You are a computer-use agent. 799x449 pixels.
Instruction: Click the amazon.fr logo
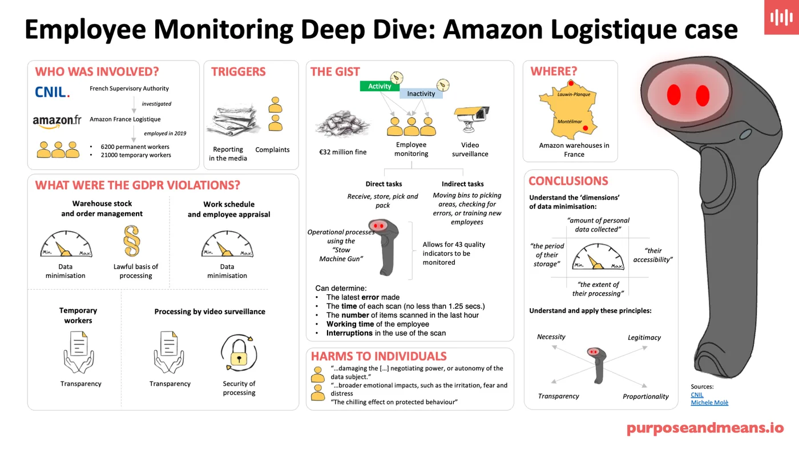[x=57, y=121]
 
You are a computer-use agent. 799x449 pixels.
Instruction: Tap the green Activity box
[x=380, y=86]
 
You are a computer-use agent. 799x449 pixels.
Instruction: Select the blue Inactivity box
[x=421, y=94]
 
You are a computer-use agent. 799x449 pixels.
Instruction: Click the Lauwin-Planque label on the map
[x=574, y=94]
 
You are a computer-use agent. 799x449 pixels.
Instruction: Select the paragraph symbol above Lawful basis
[x=132, y=241]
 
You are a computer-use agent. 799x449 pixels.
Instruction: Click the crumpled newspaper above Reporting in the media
[x=229, y=122]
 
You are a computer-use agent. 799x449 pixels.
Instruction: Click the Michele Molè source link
[x=709, y=403]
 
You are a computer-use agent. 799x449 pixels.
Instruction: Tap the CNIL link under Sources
[x=697, y=395]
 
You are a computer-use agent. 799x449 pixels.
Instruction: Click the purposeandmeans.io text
[x=705, y=428]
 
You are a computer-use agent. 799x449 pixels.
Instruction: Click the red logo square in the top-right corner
[x=781, y=17]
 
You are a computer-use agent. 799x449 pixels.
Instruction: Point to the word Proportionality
[x=645, y=397]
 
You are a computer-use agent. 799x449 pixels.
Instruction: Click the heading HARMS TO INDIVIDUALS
[x=378, y=357]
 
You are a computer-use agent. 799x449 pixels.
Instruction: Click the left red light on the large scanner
[x=674, y=93]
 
